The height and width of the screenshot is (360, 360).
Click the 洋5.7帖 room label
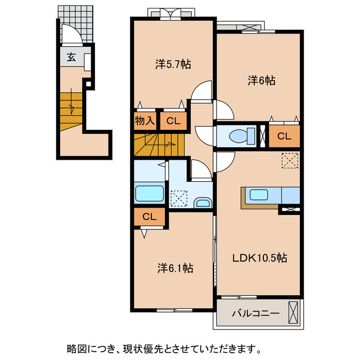(x=173, y=64)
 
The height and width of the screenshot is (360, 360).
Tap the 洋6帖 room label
(x=262, y=81)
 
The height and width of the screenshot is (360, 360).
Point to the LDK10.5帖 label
(x=260, y=258)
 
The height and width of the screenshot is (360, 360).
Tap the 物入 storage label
(x=145, y=121)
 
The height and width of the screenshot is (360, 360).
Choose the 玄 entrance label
(x=71, y=57)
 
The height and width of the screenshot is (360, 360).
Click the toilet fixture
(x=237, y=136)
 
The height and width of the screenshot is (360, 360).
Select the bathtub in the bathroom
(x=149, y=193)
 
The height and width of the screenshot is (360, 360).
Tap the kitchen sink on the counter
(x=259, y=195)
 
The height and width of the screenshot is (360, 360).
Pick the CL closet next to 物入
(x=173, y=121)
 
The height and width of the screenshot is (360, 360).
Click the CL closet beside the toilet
(x=284, y=136)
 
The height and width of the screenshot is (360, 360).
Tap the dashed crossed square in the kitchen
(x=290, y=161)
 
